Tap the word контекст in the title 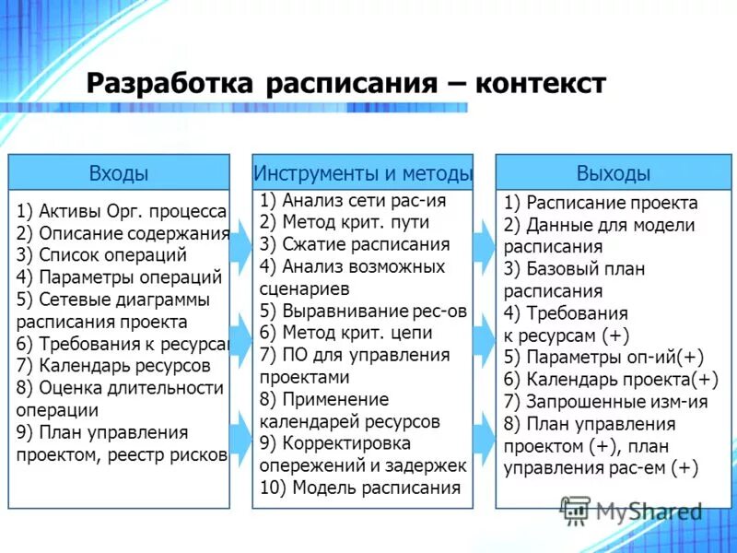coord(541,84)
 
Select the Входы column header coord(119,173)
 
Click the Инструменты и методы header coord(363,173)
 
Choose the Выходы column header coord(614,173)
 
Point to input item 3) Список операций coord(101,255)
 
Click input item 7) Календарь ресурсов coord(113,366)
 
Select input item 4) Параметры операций coord(119,277)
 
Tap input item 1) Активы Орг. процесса coord(122,211)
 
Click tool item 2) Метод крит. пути coord(345,222)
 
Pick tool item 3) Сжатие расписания coord(355,244)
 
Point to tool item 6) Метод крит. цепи coord(345,333)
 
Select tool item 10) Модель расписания coord(359,488)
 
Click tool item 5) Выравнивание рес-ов coord(363,311)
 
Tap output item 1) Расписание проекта coord(601,203)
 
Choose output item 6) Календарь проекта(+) coord(611,379)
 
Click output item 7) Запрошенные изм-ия coord(606,401)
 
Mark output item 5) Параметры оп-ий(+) coord(603,357)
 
